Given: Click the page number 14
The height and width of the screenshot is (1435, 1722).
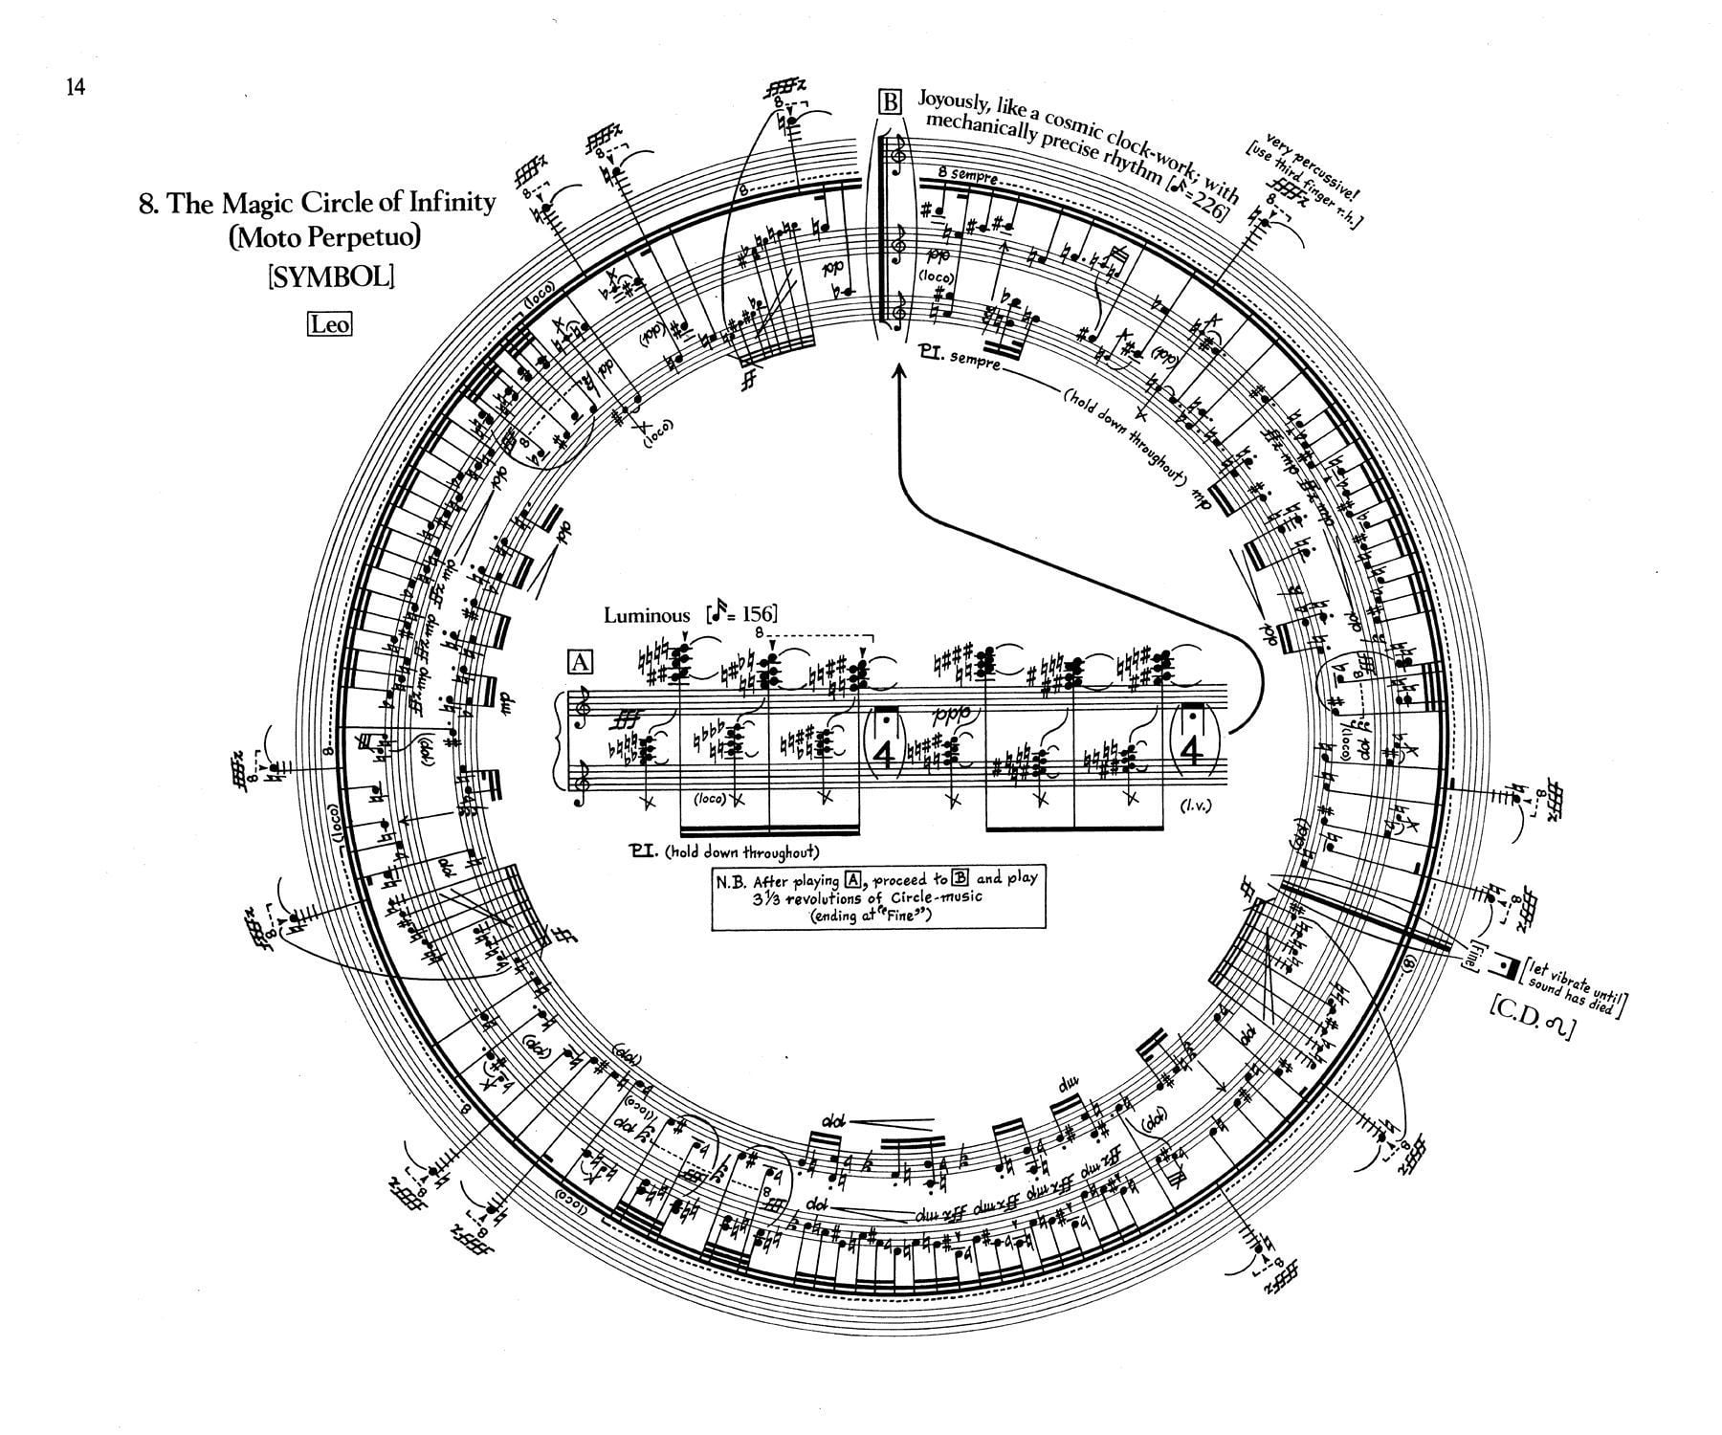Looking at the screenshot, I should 76,87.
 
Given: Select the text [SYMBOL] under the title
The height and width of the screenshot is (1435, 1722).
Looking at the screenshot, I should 330,276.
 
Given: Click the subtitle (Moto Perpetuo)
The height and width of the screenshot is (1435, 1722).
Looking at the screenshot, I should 324,236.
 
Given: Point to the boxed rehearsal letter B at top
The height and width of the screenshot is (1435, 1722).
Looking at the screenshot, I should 890,101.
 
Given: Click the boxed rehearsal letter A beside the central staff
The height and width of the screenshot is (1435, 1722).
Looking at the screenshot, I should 581,662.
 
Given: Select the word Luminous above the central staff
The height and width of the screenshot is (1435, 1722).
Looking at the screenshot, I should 646,616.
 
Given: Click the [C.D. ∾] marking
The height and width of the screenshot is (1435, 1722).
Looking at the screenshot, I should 1530,1030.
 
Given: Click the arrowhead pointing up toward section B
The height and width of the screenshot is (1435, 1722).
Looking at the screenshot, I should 898,372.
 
